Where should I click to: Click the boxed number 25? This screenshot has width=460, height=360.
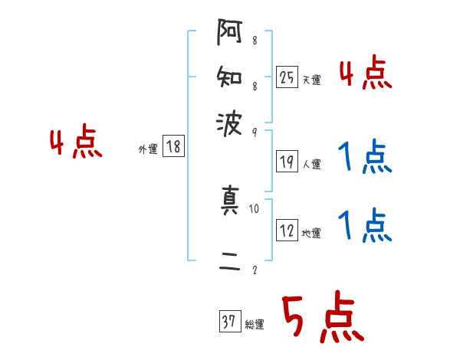pos(287,77)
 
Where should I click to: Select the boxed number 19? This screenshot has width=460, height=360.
pos(287,162)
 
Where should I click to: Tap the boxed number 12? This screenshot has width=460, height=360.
pos(287,231)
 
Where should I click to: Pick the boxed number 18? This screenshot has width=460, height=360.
pos(173,147)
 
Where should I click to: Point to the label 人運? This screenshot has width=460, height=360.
pos(311,164)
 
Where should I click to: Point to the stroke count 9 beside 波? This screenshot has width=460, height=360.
pos(254,132)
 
